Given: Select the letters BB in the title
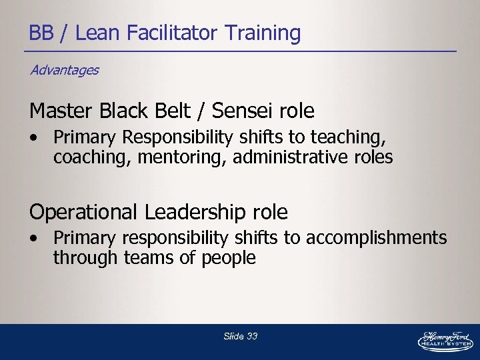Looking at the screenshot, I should pos(41,33).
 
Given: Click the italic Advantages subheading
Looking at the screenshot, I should pos(64,70).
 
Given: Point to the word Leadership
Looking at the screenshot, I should pos(193,212).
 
